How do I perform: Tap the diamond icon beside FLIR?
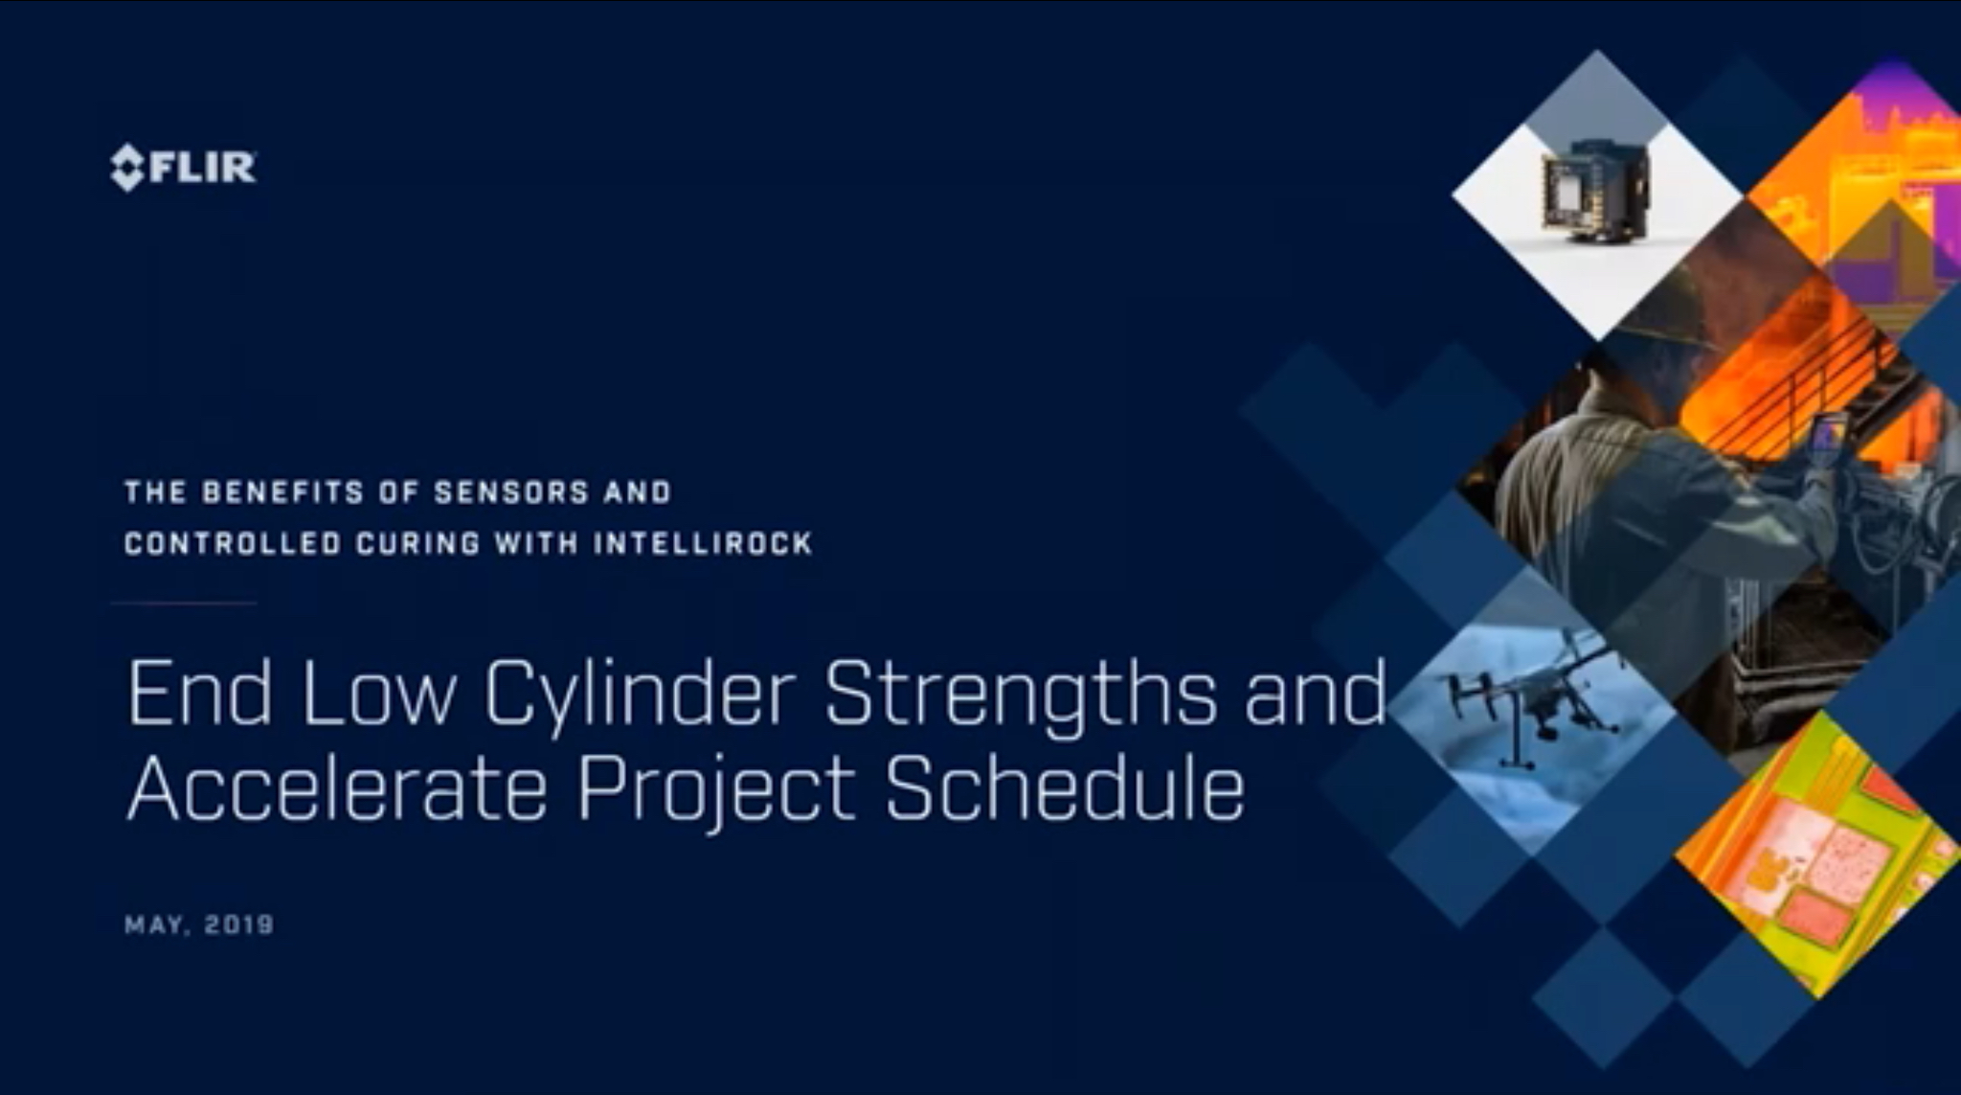pos(127,168)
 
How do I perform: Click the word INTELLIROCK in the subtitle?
pos(703,544)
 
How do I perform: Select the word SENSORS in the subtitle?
pos(510,492)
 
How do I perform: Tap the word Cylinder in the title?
pos(640,692)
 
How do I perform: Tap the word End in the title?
pos(199,692)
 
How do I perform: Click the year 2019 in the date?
pos(238,924)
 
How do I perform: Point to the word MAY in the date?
pos(153,925)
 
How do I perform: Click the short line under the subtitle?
pos(184,604)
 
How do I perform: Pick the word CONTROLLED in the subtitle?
pos(233,544)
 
